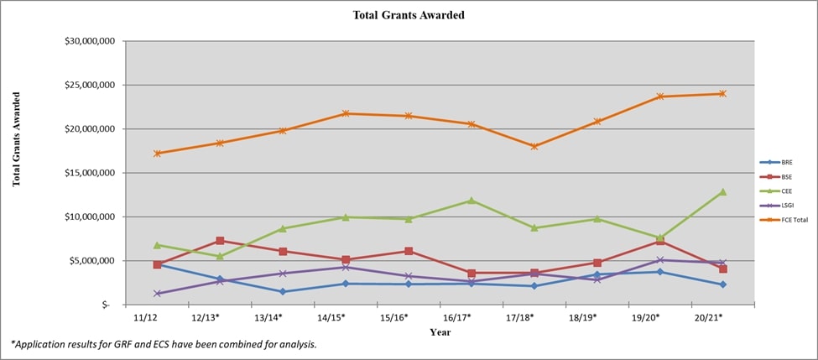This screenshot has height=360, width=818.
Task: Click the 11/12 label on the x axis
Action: tap(146, 319)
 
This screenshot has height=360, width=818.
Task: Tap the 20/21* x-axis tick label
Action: tap(708, 319)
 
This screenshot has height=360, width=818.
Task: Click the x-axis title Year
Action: tap(440, 332)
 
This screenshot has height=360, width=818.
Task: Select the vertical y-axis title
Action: tap(17, 139)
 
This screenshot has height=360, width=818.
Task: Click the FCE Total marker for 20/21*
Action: tap(722, 93)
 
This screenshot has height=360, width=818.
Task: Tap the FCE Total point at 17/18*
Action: tap(534, 146)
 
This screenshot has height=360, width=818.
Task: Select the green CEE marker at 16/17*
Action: tap(471, 201)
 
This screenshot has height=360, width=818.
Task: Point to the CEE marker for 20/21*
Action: tap(722, 191)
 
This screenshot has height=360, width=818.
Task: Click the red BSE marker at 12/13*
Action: tap(220, 241)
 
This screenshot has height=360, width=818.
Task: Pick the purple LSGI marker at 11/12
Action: tap(157, 294)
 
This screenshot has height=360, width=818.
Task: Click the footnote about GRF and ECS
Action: tap(164, 345)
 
